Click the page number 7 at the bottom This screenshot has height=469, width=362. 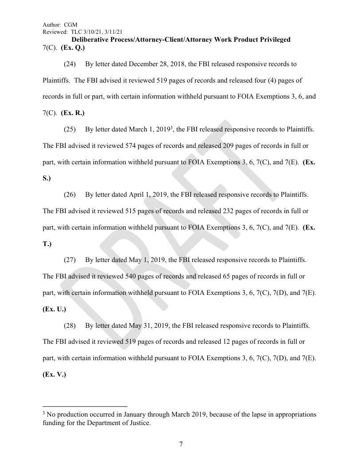click(181, 444)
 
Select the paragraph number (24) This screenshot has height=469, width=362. click(70, 64)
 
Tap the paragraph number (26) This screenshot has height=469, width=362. click(70, 195)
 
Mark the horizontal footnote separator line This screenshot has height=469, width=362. click(85, 406)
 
